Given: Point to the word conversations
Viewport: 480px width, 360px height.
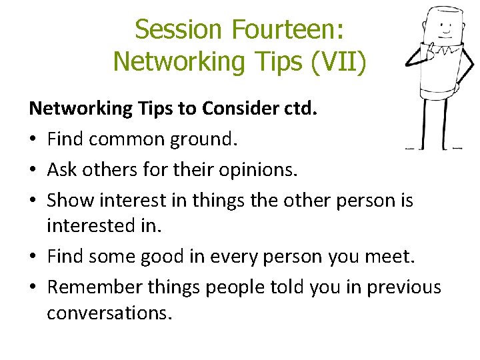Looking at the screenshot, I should [109, 312].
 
